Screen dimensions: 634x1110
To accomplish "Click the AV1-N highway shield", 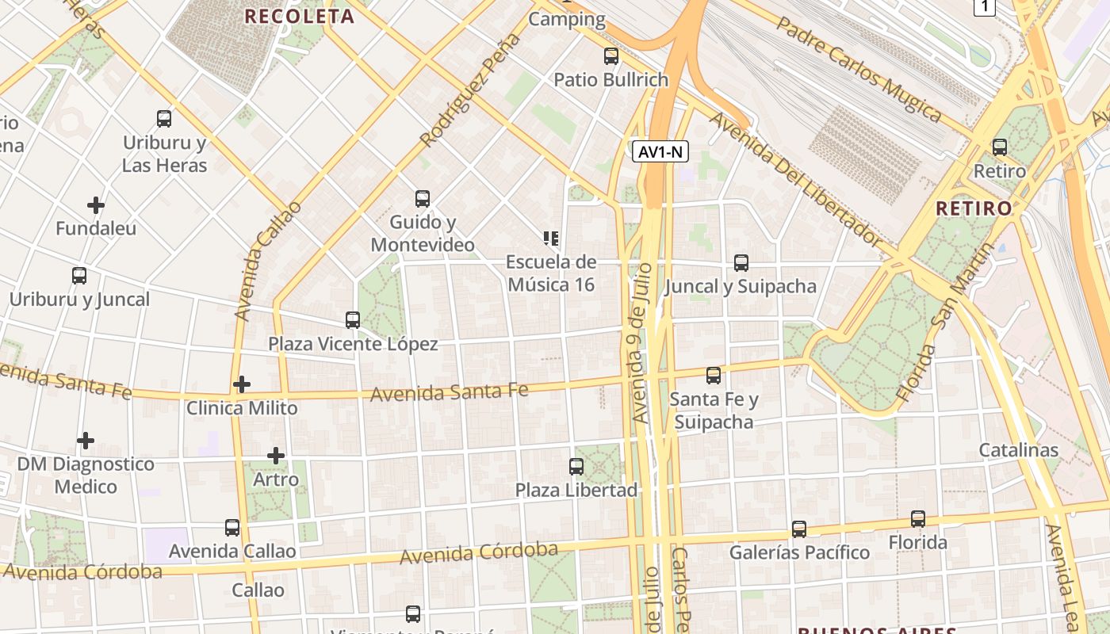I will tap(660, 151).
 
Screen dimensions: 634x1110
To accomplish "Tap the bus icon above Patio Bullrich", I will tap(610, 56).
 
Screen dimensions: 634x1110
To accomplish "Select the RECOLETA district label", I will tap(299, 16).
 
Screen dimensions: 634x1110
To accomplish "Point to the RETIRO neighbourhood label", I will tap(974, 208).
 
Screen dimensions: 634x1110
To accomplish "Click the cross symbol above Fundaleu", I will tap(96, 205).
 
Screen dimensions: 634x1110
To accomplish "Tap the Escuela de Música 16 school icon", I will tap(551, 238).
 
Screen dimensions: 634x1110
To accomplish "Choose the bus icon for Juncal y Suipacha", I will tap(741, 263).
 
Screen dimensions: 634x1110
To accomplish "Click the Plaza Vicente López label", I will tap(353, 344).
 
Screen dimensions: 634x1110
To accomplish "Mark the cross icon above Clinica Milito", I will tap(242, 385).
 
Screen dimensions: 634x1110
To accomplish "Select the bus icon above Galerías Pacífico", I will tap(799, 529).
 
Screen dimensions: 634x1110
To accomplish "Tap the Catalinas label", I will tap(1019, 450).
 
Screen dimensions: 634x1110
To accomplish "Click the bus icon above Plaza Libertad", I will tap(576, 467).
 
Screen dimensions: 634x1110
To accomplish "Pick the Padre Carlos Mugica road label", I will tap(858, 70).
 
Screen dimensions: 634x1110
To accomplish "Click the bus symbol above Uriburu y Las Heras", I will tap(164, 119).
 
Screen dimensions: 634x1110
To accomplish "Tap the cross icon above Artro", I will tap(276, 456).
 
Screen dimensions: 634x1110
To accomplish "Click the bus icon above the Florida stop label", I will tap(917, 519).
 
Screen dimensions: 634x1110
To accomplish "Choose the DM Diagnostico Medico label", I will tap(86, 475).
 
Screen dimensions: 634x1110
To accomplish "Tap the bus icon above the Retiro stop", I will tap(999, 147).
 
